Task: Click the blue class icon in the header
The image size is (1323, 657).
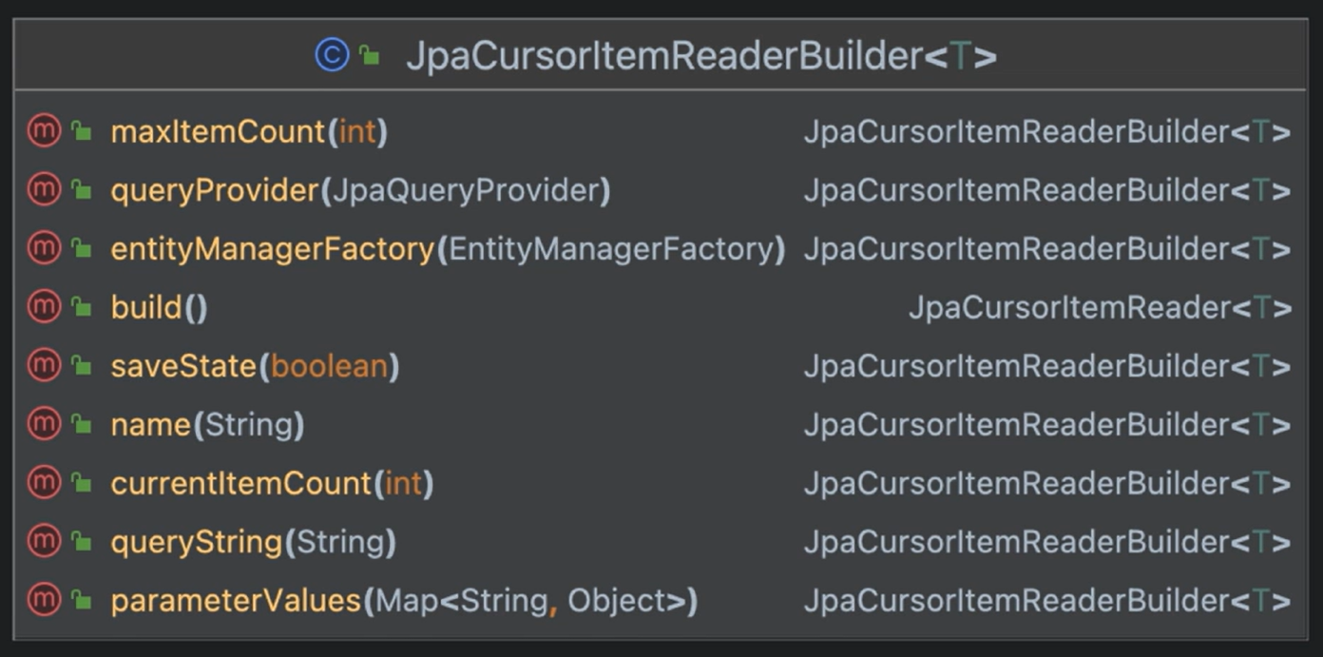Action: (332, 56)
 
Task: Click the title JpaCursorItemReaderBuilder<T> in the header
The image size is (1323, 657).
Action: (701, 56)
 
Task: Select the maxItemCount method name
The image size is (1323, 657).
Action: (218, 132)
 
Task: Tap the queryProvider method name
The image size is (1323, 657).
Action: (214, 191)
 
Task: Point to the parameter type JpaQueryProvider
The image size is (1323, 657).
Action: (465, 191)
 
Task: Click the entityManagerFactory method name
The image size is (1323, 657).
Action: (272, 249)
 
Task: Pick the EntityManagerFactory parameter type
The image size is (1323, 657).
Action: (611, 249)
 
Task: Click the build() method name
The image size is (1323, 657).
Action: (145, 308)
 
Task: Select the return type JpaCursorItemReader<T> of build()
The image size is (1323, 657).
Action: (1099, 308)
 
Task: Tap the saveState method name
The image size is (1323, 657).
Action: (183, 367)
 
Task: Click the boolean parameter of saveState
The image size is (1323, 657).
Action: (329, 367)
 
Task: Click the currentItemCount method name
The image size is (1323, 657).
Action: (240, 484)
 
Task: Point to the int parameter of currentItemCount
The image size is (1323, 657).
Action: (403, 484)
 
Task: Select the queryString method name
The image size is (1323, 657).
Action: (196, 543)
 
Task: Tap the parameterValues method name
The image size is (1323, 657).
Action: (236, 602)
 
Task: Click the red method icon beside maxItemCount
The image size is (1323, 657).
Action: (44, 132)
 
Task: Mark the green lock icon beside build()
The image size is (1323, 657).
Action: (82, 308)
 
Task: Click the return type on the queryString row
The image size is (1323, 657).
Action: (1046, 543)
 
